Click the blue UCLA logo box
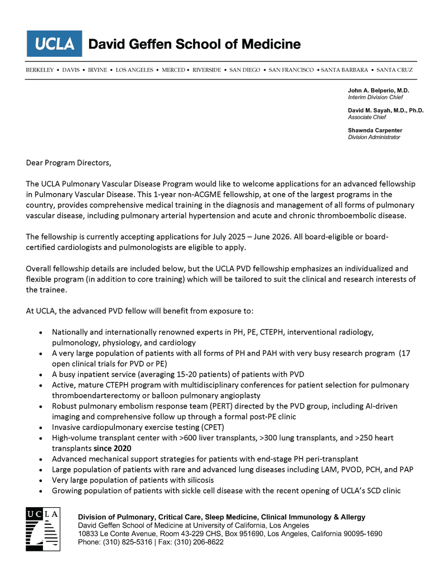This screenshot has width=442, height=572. pyautogui.click(x=54, y=44)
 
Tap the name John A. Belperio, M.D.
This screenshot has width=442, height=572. pyautogui.click(x=379, y=90)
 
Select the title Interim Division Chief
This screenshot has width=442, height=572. pyautogui.click(x=375, y=97)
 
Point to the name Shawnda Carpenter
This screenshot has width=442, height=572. pyautogui.click(x=375, y=130)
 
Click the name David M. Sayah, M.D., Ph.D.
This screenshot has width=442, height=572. pyautogui.click(x=386, y=110)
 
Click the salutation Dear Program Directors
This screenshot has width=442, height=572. pyautogui.click(x=68, y=163)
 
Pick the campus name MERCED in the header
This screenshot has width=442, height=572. pyautogui.click(x=174, y=70)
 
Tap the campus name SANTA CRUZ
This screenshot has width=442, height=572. pyautogui.click(x=394, y=70)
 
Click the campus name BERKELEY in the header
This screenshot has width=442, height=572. pyautogui.click(x=40, y=70)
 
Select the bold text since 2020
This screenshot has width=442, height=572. pyautogui.click(x=112, y=448)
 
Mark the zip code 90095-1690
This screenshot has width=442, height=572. pyautogui.click(x=360, y=534)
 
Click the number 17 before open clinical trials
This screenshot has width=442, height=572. pyautogui.click(x=406, y=353)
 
